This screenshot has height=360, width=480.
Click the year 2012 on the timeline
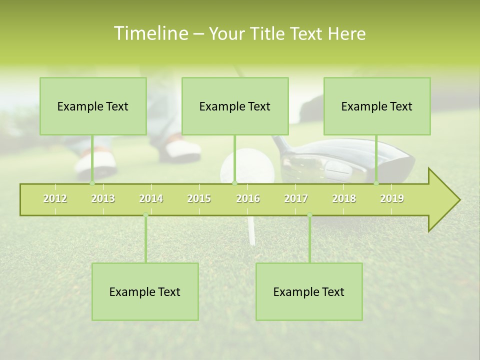tap(55, 198)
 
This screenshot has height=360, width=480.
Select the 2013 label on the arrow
tap(103, 198)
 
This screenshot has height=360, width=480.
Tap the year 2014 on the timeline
tap(151, 198)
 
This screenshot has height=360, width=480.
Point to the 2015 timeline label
tap(199, 198)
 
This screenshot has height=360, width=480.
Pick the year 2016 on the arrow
tap(248, 198)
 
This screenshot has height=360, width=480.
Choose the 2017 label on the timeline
tap(296, 198)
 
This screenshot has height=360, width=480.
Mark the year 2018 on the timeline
tap(344, 198)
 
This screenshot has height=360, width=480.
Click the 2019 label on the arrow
tap(392, 198)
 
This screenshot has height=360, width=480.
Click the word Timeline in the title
tap(150, 33)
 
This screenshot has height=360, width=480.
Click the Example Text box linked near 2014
tap(145, 291)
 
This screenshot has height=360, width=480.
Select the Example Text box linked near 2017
tap(309, 291)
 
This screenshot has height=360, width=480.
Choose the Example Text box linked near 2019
tap(377, 106)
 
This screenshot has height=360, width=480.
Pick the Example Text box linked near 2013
tap(93, 106)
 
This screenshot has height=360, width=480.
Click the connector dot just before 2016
tap(235, 183)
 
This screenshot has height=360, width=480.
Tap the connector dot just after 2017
tap(309, 215)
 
